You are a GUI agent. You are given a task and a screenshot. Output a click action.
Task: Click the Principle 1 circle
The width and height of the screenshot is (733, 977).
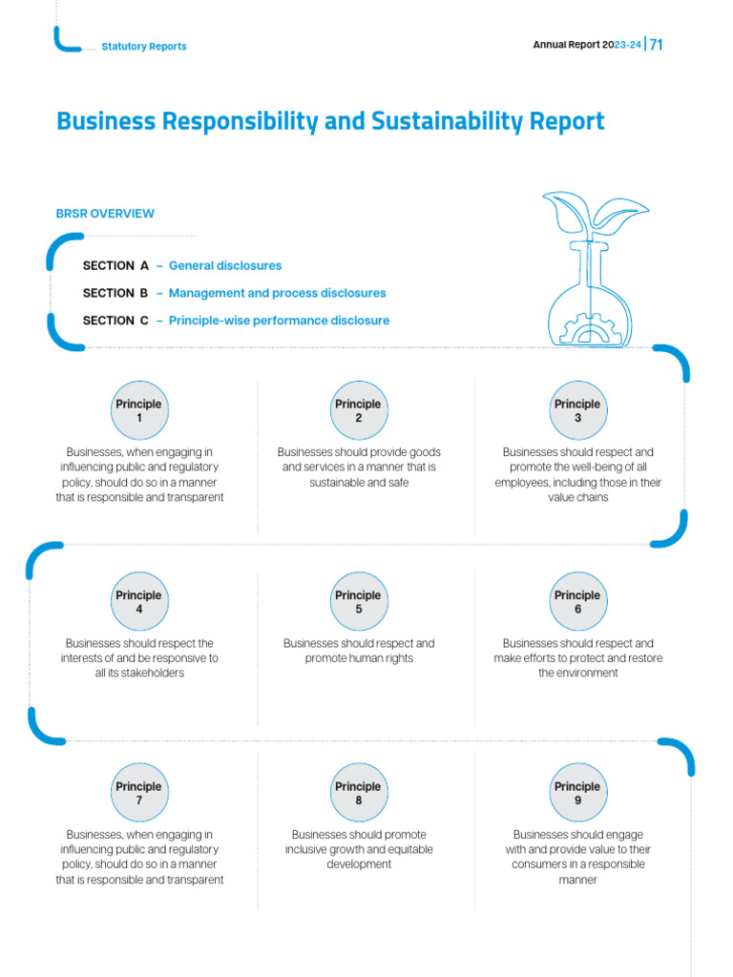pyautogui.click(x=139, y=410)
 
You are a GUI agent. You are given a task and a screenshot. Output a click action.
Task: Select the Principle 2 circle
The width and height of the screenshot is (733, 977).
pyautogui.click(x=358, y=410)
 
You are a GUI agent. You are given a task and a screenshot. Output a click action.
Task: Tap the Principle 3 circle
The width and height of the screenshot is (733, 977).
pyautogui.click(x=577, y=410)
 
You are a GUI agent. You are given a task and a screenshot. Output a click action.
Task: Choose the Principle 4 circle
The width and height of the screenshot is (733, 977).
pyautogui.click(x=139, y=602)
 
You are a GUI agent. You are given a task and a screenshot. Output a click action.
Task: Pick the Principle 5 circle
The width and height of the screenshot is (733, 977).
pyautogui.click(x=358, y=602)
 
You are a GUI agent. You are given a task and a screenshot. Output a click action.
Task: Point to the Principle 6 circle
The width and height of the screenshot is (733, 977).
pyautogui.click(x=577, y=602)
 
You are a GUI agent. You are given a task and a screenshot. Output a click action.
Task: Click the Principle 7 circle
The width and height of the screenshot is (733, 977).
pyautogui.click(x=139, y=793)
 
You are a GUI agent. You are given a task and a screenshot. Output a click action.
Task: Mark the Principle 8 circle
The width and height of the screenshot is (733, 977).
pyautogui.click(x=358, y=793)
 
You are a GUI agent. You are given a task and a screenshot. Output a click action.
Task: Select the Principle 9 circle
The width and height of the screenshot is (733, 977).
pyautogui.click(x=577, y=793)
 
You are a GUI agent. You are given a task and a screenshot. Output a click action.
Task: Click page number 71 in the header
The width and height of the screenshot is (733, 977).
pyautogui.click(x=657, y=45)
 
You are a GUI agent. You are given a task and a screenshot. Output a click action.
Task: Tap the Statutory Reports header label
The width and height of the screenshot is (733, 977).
pyautogui.click(x=143, y=47)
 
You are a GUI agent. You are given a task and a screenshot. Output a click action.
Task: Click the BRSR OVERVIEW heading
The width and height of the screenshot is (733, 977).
pyautogui.click(x=105, y=214)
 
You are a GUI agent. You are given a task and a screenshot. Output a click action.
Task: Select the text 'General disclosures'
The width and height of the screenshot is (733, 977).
pyautogui.click(x=225, y=265)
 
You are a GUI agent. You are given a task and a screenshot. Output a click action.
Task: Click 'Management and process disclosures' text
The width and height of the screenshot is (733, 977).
pyautogui.click(x=277, y=293)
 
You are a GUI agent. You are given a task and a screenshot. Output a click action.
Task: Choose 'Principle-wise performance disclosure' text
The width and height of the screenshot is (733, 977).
pyautogui.click(x=279, y=321)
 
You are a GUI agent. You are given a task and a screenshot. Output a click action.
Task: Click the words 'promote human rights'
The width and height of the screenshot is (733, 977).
pyautogui.click(x=359, y=658)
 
